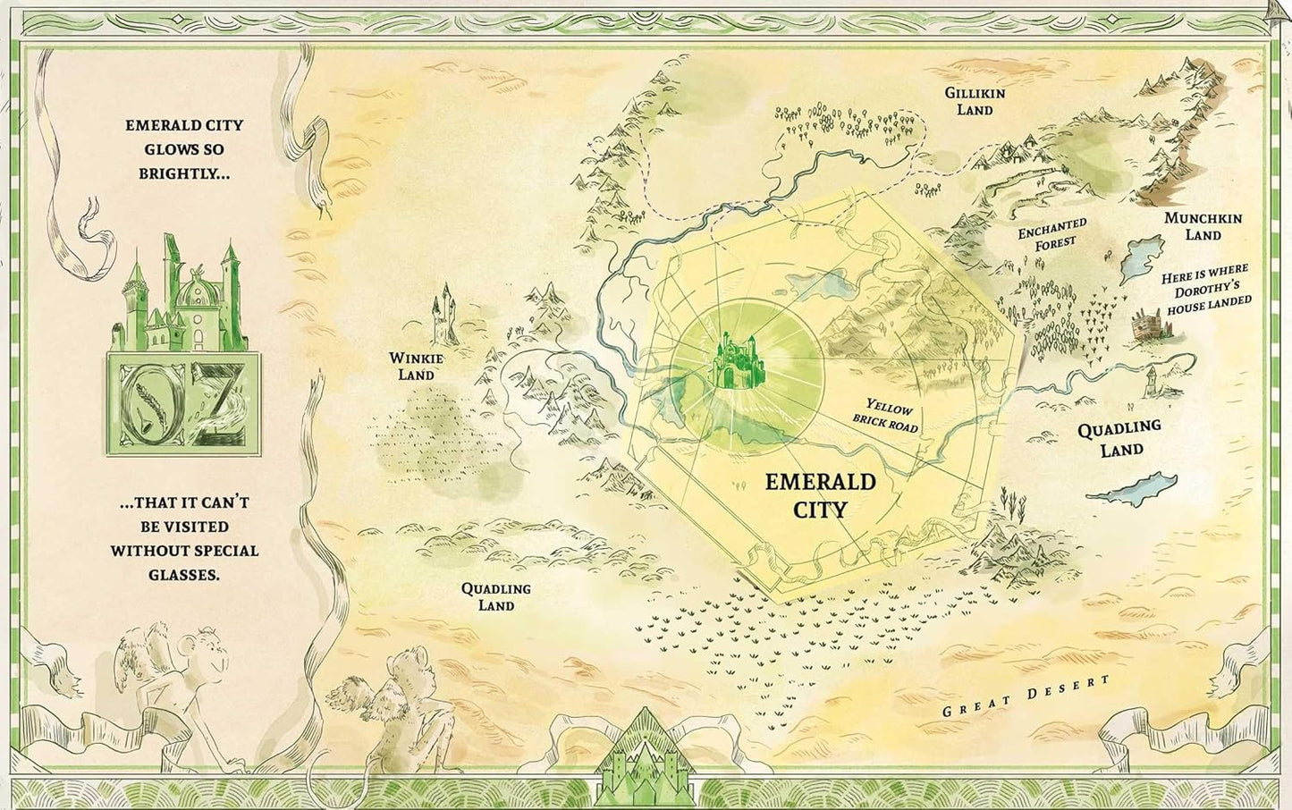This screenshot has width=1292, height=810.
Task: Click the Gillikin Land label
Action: pyautogui.click(x=975, y=101)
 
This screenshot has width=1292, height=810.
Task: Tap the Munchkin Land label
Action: pyautogui.click(x=1203, y=226)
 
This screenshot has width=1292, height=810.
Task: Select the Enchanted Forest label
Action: pyautogui.click(x=1052, y=234)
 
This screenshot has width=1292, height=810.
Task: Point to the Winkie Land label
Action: pyautogui.click(x=416, y=366)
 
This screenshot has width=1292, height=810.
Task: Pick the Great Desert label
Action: pyautogui.click(x=1026, y=696)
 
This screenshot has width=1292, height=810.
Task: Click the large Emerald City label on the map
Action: pyautogui.click(x=820, y=495)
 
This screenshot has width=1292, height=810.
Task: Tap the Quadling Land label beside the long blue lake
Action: pyautogui.click(x=1119, y=438)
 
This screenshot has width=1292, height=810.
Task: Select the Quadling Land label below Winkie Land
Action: pyautogui.click(x=495, y=596)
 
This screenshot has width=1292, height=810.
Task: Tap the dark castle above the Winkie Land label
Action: pyautogui.click(x=444, y=315)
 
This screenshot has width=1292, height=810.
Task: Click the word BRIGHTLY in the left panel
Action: pyautogui.click(x=183, y=173)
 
